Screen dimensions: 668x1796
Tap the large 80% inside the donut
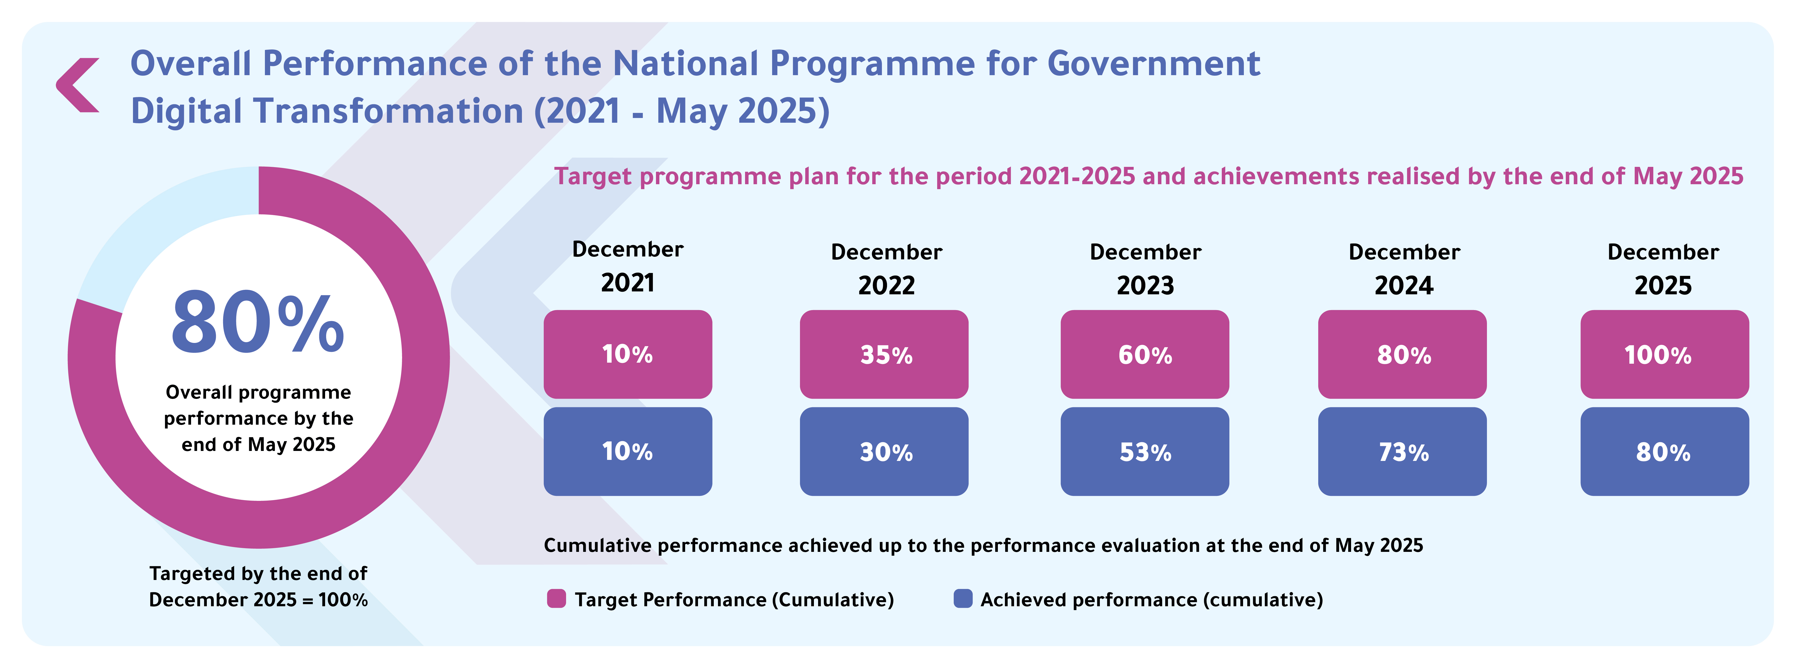[258, 323]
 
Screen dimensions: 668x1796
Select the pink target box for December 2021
[628, 354]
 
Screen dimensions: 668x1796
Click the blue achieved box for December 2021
[628, 451]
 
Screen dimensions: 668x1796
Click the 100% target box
[1664, 354]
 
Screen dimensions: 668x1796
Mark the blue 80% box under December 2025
[1664, 451]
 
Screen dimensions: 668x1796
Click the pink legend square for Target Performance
[556, 599]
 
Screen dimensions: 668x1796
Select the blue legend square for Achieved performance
[963, 599]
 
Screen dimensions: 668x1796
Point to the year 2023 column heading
[1145, 285]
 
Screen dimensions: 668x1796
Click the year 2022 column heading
[886, 285]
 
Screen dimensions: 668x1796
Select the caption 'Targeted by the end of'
[258, 573]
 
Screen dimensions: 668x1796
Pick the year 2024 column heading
[1403, 285]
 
